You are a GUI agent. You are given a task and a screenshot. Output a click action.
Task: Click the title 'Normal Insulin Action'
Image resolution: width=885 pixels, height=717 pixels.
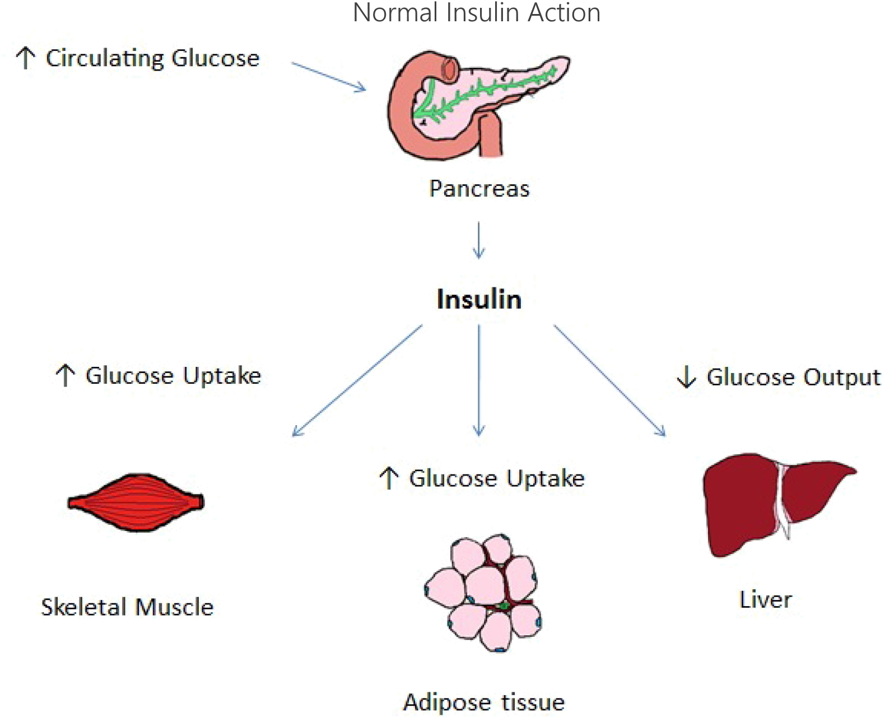point(477,13)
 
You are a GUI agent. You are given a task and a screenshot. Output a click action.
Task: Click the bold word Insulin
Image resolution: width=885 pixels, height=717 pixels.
point(479,299)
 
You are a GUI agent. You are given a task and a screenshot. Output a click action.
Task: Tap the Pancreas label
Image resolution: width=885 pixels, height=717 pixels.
point(479,189)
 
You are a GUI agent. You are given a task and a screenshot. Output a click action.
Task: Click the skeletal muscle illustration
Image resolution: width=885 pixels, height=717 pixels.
point(136,502)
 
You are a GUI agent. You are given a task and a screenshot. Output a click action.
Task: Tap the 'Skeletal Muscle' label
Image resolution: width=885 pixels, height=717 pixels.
point(127,607)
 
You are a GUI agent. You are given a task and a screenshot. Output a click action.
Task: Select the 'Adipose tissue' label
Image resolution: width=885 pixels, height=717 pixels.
point(484,702)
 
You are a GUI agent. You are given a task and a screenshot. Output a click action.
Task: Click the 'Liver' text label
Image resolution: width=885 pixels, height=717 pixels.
point(765,600)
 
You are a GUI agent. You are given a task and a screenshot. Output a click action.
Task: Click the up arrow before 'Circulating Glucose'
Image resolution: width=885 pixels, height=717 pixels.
point(25,58)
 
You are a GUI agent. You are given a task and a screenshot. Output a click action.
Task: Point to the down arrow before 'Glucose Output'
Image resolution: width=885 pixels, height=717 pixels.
point(686,377)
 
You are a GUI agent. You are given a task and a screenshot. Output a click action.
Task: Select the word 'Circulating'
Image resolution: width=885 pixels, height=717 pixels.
point(105,58)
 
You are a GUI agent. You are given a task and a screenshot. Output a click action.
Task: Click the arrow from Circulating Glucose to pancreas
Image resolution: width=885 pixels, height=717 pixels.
point(328,76)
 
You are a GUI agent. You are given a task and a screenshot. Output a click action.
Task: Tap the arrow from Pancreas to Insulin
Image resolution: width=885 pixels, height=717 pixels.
point(478,240)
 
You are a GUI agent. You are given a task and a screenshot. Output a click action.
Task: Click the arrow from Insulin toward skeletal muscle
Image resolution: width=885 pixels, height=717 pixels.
point(357,380)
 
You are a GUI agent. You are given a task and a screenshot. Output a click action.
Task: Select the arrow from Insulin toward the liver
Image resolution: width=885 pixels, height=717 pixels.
point(609,380)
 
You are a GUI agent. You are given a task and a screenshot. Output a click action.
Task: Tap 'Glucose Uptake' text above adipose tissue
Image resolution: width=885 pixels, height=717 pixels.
point(497,479)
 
